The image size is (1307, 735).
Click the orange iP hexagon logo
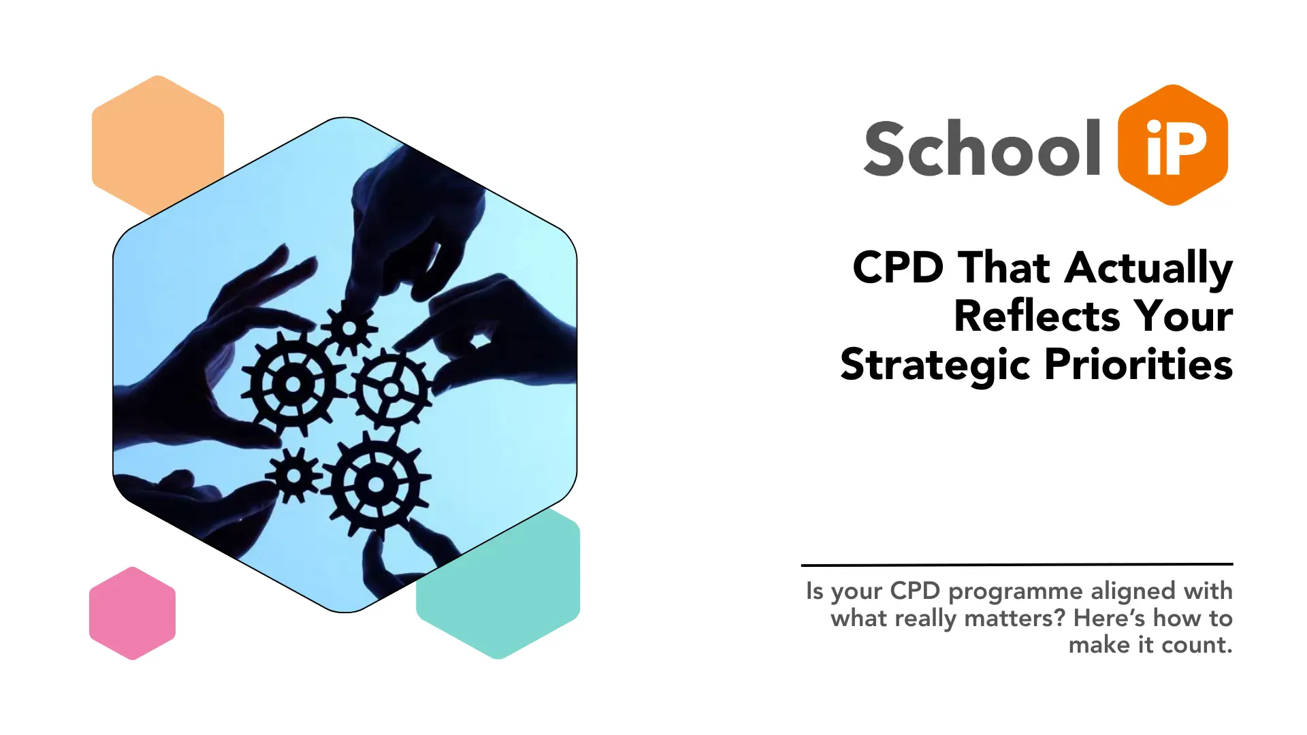tap(1172, 145)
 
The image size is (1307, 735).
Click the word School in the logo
tap(982, 148)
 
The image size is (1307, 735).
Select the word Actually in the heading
tap(1148, 268)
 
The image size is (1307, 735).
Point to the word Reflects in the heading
tap(1036, 316)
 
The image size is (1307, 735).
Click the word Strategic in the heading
tap(935, 365)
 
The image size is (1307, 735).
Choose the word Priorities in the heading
tap(1138, 365)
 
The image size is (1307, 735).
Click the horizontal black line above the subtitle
tap(1017, 564)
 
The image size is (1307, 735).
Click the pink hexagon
tap(132, 613)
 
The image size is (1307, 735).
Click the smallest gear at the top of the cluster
tap(349, 329)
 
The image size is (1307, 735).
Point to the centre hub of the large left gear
tap(293, 385)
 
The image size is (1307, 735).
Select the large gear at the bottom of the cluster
tap(375, 485)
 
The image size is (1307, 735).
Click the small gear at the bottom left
tap(293, 475)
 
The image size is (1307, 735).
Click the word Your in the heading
tap(1183, 316)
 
